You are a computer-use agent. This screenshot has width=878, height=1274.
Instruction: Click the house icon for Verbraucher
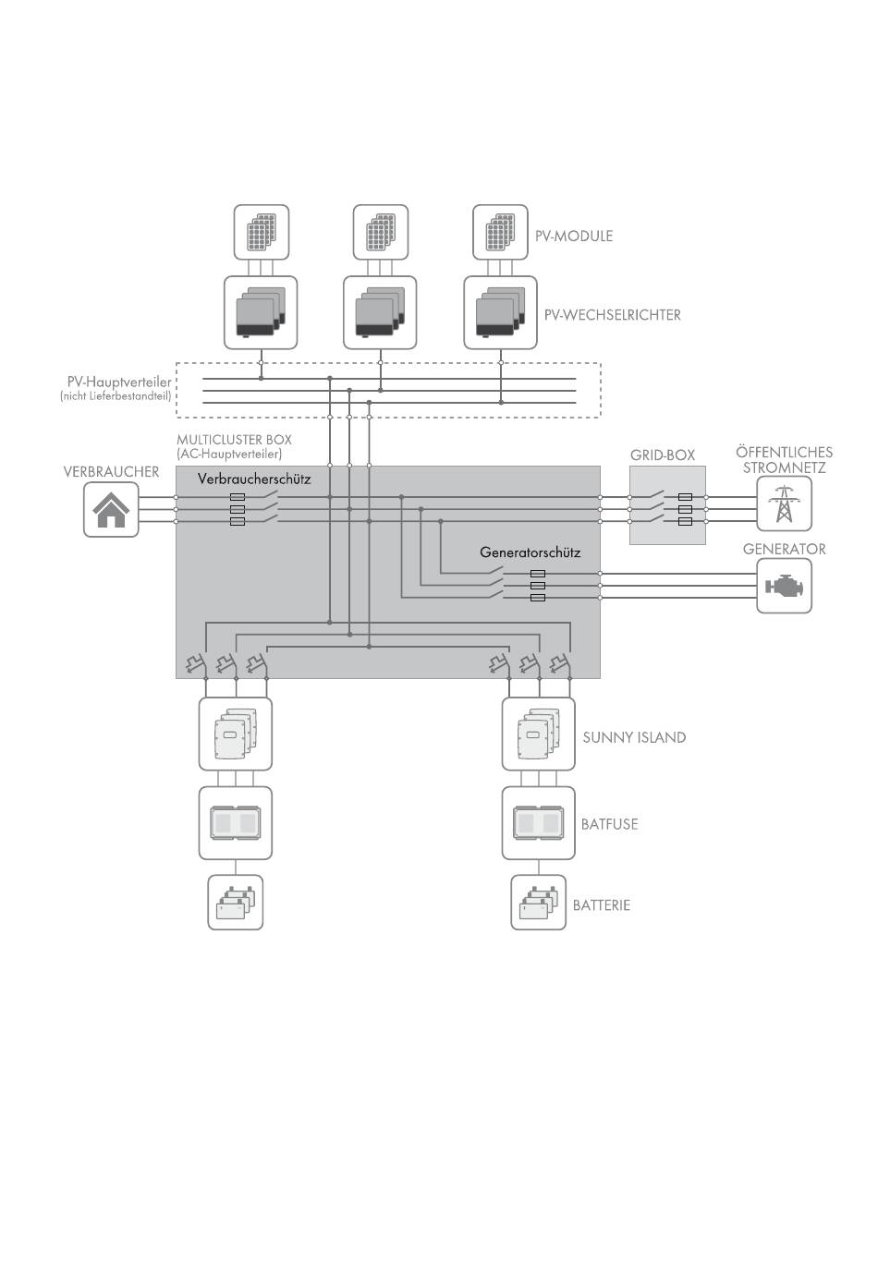(111, 510)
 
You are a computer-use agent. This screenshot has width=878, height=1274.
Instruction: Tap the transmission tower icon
(784, 504)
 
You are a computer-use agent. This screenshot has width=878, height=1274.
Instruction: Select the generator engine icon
(784, 585)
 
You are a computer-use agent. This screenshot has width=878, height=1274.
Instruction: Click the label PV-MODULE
(574, 236)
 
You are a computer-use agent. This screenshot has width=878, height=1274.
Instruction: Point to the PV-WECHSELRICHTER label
(612, 315)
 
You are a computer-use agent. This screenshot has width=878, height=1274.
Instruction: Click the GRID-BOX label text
(663, 455)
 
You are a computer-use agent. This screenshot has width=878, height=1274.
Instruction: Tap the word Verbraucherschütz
(254, 479)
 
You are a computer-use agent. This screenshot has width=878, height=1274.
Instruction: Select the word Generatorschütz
(530, 552)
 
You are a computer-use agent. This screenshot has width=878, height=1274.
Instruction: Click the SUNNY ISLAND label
(634, 737)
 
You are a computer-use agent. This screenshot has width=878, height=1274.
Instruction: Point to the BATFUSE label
(609, 824)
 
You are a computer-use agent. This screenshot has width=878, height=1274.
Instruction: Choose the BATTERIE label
(602, 905)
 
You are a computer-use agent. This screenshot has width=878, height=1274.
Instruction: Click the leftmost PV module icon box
(262, 232)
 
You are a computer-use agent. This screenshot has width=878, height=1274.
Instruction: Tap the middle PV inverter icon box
(380, 313)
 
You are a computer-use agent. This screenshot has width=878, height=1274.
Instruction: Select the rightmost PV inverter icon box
(500, 313)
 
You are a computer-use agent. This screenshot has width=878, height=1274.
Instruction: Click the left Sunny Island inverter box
(235, 734)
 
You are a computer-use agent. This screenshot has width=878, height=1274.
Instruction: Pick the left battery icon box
(235, 902)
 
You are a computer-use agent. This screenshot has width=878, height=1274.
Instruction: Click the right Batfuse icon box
(538, 823)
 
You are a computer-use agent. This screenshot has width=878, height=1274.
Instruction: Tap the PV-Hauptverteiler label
(119, 382)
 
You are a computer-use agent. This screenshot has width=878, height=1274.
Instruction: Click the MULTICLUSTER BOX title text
(234, 440)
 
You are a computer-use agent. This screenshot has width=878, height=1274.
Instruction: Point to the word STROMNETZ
(784, 468)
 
